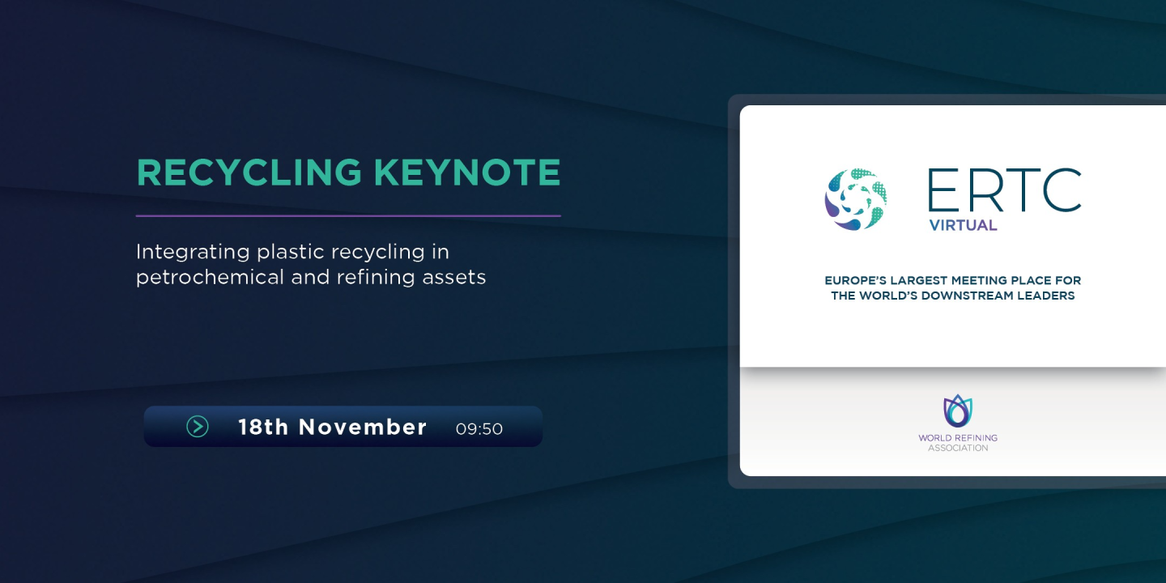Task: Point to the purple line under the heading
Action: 348,216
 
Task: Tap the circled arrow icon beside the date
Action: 198,426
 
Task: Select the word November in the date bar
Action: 363,427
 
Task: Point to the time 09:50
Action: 479,429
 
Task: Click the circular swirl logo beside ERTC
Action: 856,199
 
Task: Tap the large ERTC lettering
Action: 1004,190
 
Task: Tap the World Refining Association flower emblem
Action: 958,411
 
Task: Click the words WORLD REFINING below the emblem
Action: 958,438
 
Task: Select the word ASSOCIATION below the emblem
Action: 958,448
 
